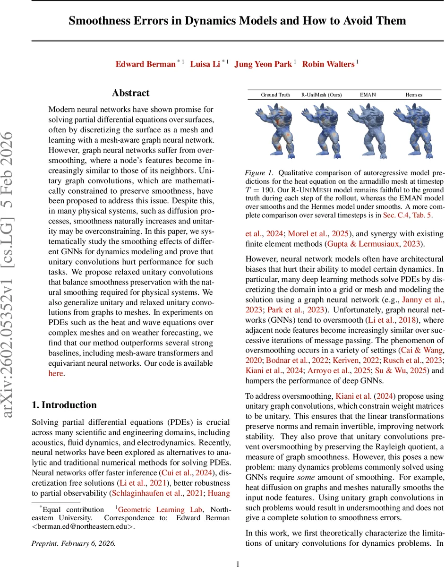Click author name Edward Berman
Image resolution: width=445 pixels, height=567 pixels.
point(145,64)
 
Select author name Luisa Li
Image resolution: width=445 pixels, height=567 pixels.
point(205,64)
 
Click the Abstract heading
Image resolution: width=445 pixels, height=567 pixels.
point(131,93)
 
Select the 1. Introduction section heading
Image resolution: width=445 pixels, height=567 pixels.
point(64,405)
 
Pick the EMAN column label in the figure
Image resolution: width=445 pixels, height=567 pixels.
point(368,94)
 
